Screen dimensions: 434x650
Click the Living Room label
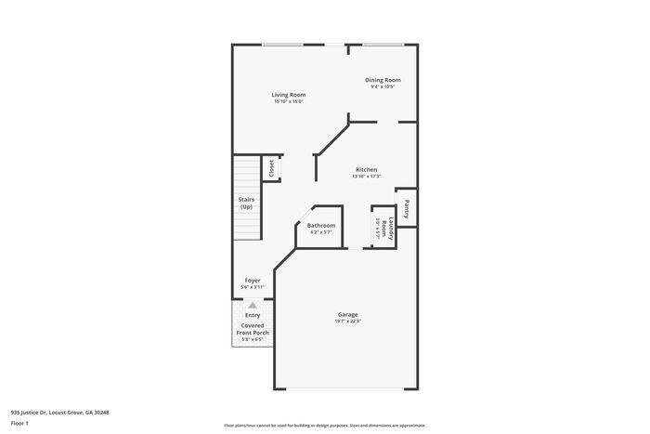[289, 95]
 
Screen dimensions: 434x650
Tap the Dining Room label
[383, 81]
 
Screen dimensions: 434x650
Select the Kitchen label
[366, 170]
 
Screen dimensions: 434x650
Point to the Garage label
[348, 314]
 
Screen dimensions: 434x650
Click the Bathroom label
[321, 226]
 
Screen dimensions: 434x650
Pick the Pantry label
[407, 208]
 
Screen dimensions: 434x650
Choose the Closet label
[271, 168]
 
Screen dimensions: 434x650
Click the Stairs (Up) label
[246, 203]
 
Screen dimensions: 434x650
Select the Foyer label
[253, 280]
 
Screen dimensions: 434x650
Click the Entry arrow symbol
[252, 304]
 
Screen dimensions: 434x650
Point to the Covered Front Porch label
[253, 329]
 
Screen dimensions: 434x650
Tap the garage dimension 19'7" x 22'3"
[348, 322]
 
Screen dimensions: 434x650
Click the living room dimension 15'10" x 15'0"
[289, 102]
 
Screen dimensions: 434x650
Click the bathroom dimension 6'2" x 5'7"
[321, 233]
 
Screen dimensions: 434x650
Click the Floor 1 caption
[20, 423]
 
